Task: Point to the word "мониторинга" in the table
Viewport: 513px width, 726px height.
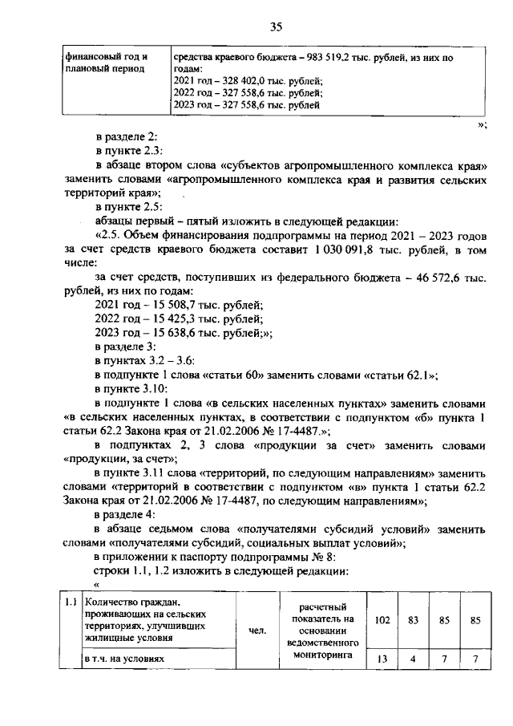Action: (x=323, y=654)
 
